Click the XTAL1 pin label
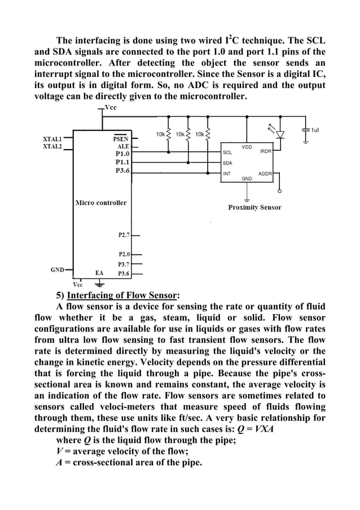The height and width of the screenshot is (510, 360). [x=52, y=138]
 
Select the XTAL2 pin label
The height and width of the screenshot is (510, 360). [x=52, y=145]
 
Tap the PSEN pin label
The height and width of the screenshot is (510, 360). [x=121, y=138]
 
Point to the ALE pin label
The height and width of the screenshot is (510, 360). [x=122, y=145]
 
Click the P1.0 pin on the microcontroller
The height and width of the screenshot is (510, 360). [x=122, y=152]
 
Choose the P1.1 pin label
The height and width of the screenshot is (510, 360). [x=122, y=161]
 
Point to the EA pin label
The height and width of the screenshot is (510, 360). [x=99, y=273]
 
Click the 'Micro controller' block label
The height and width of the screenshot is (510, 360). [x=101, y=202]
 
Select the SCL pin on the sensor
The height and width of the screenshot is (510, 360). [x=227, y=152]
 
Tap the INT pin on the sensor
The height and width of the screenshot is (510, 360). [x=227, y=173]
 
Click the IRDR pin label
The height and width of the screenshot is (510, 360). [x=265, y=151]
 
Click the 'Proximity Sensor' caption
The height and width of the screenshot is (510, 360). [x=254, y=207]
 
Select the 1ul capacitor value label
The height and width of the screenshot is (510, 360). [x=315, y=129]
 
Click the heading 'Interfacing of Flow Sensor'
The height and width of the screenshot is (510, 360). [x=122, y=295]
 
